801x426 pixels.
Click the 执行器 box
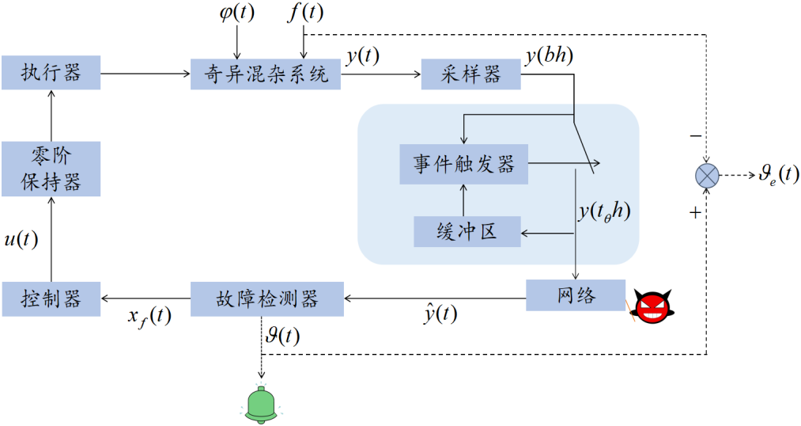[x=51, y=74]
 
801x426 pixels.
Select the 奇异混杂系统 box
[x=266, y=74]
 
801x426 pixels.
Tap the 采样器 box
[x=471, y=74]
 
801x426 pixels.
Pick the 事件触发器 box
[x=463, y=165]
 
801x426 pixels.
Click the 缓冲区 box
[x=467, y=231]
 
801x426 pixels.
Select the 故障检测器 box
[x=267, y=299]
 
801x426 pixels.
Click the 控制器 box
[x=51, y=299]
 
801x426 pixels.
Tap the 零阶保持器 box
[x=51, y=169]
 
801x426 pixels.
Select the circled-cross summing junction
[x=705, y=175]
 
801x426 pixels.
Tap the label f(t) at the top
[x=305, y=13]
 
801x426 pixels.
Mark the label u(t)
[x=21, y=239]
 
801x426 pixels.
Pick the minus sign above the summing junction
[x=695, y=135]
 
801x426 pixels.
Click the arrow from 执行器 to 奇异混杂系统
[x=145, y=74]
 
